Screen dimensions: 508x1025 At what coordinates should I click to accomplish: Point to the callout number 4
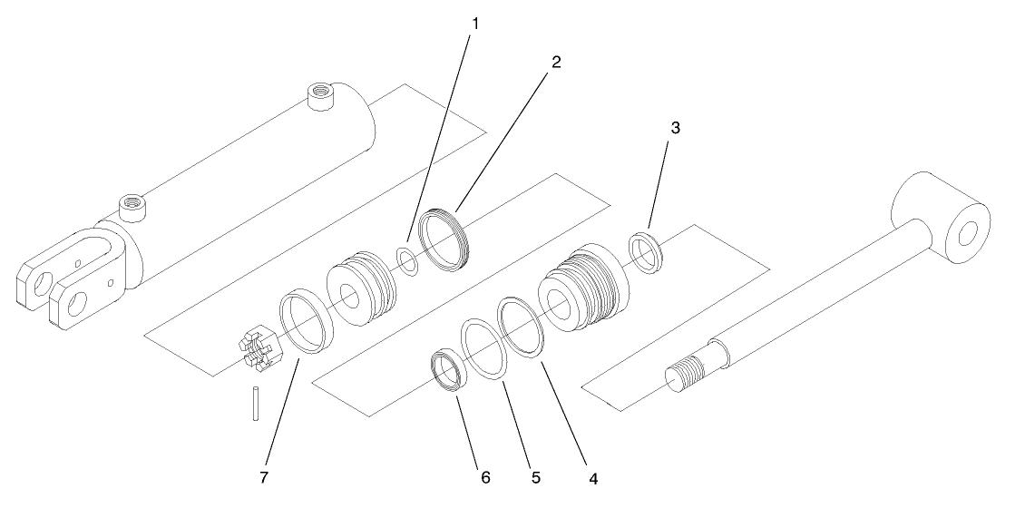(x=594, y=475)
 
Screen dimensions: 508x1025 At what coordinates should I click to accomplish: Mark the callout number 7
(x=265, y=474)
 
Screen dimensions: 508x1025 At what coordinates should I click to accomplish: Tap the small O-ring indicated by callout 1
(x=409, y=260)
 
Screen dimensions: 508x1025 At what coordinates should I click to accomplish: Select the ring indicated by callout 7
(x=306, y=322)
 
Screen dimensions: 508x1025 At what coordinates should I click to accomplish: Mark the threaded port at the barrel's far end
(x=320, y=93)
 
